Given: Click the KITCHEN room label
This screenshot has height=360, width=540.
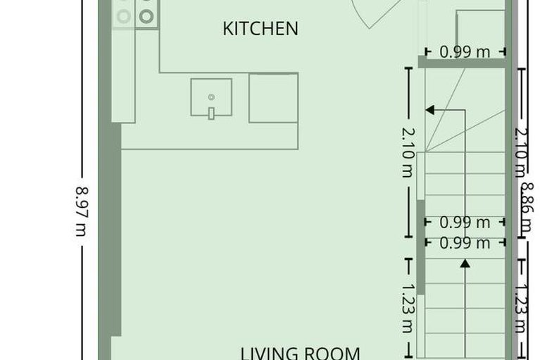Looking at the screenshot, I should [260, 29].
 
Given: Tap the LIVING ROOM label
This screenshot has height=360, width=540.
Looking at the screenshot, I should [301, 352].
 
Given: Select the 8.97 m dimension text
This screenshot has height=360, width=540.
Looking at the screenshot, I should [82, 211].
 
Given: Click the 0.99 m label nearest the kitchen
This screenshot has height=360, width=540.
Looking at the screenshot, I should [465, 51].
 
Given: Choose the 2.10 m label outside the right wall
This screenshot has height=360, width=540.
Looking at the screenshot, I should [520, 151].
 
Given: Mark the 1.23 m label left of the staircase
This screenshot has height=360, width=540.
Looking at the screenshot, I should [408, 308].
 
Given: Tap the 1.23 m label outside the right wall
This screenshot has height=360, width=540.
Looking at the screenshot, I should [520, 308].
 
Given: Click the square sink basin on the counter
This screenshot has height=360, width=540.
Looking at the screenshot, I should [211, 97].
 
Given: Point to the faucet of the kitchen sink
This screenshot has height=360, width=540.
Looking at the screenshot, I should [211, 113].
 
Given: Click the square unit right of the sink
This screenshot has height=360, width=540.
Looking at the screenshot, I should [273, 98].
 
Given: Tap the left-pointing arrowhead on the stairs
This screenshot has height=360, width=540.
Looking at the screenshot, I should [429, 109].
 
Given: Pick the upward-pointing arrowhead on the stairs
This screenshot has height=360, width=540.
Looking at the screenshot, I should [465, 263].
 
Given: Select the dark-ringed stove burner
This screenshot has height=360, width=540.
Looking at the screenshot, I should [146, 16].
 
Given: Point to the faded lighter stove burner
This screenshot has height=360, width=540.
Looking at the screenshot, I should [124, 15].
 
